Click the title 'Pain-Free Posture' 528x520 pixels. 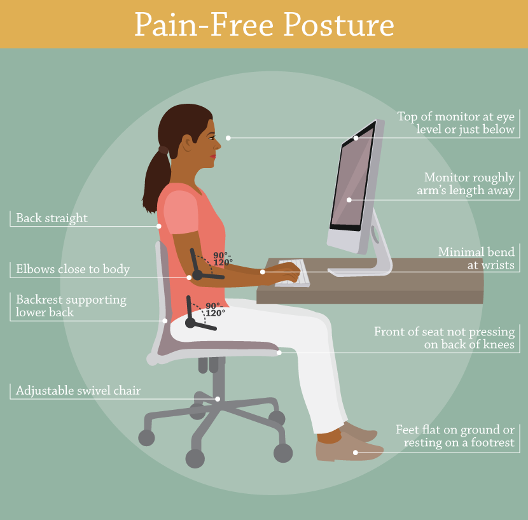263,25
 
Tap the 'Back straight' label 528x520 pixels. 52,218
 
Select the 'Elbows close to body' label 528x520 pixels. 73,269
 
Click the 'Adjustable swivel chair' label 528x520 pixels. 78,390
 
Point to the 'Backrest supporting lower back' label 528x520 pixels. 71,306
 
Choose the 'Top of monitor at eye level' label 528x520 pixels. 455,123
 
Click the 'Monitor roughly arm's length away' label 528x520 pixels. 469,184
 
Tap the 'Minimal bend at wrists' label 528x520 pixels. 476,258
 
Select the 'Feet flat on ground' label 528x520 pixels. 454,436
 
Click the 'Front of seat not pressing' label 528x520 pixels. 444,338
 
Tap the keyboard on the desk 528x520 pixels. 293,273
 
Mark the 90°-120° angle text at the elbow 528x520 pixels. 223,258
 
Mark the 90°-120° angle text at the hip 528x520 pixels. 215,309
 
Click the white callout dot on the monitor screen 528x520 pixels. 349,200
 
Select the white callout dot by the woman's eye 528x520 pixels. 228,137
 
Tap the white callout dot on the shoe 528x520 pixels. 356,453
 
